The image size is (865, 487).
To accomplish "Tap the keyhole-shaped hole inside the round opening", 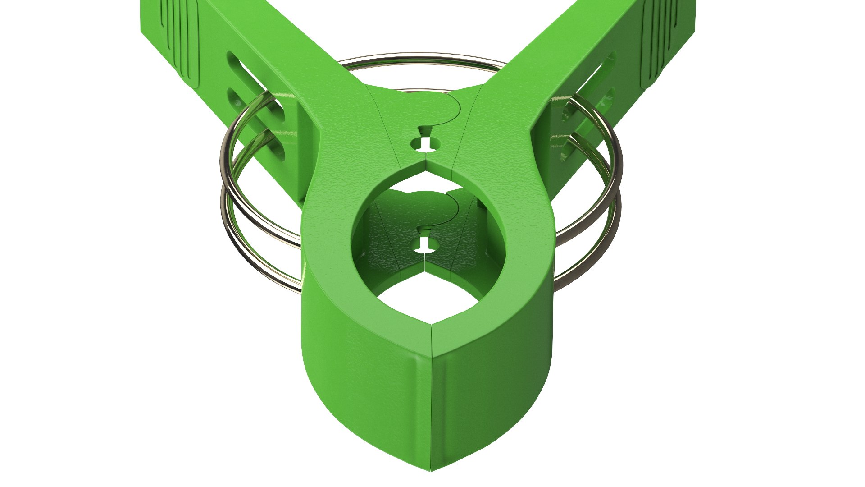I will click(424, 243).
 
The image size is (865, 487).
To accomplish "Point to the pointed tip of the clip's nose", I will click(431, 469).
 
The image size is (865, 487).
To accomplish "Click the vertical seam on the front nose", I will click(432, 397).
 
